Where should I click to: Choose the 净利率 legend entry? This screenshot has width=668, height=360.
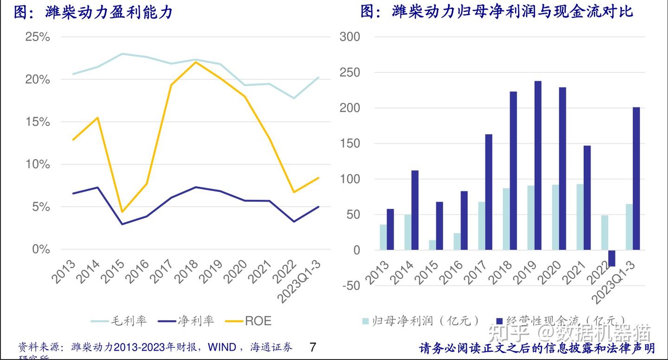pyautogui.click(x=186, y=321)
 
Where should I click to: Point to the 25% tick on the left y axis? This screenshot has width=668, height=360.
pyautogui.click(x=38, y=37)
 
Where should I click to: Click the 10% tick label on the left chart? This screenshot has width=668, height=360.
pyautogui.click(x=38, y=165)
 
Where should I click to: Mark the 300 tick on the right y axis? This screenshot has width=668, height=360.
pyautogui.click(x=350, y=37)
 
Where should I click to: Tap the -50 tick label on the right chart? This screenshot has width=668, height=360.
pyautogui.click(x=350, y=286)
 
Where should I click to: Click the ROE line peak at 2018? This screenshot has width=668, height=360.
pyautogui.click(x=195, y=62)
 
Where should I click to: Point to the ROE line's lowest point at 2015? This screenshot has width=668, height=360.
pyautogui.click(x=122, y=212)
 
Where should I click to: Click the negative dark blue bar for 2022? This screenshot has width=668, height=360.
pyautogui.click(x=611, y=258)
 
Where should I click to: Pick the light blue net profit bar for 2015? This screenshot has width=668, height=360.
pyautogui.click(x=432, y=245)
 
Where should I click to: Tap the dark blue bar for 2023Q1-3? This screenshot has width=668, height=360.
pyautogui.click(x=636, y=179)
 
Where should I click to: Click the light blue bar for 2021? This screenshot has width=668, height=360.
pyautogui.click(x=580, y=217)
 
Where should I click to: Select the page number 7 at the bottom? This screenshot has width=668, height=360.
pyautogui.click(x=312, y=347)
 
